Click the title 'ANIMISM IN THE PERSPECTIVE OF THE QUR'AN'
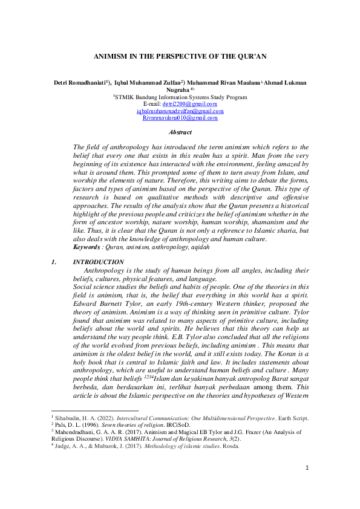(x=180, y=56)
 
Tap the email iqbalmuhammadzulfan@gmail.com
(x=180, y=111)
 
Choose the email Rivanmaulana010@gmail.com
(x=180, y=118)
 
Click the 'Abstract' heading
(x=180, y=132)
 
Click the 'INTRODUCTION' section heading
(x=98, y=262)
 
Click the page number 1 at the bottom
(x=307, y=484)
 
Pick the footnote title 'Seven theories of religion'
(x=127, y=425)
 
